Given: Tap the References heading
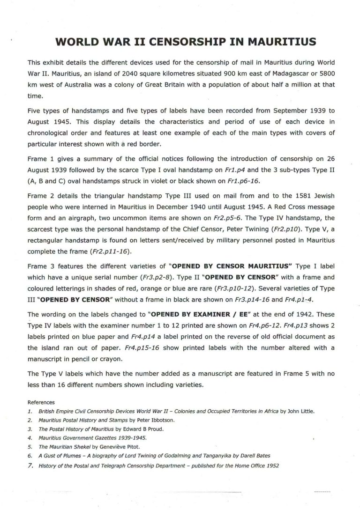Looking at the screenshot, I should (41, 402).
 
